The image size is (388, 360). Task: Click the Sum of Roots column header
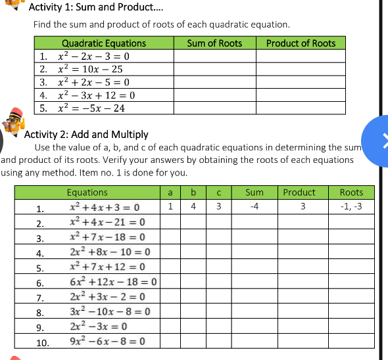(214, 43)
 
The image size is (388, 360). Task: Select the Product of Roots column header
(301, 43)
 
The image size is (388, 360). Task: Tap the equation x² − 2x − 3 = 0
(93, 56)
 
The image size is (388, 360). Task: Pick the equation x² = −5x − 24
(91, 108)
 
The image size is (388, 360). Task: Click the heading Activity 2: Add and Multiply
(86, 134)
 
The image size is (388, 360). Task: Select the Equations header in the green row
(87, 192)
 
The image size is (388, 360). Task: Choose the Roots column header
(351, 192)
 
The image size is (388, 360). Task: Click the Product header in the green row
(299, 192)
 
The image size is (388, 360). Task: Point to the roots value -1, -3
(351, 207)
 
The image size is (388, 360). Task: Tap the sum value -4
(253, 207)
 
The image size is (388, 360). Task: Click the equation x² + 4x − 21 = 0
(107, 222)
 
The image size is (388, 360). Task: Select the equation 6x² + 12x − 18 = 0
(113, 282)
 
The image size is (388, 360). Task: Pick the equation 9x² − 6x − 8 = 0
(108, 341)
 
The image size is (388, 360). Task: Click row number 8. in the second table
(40, 313)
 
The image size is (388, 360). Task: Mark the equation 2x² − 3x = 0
(99, 326)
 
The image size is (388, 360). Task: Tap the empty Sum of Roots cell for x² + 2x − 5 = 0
(214, 82)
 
